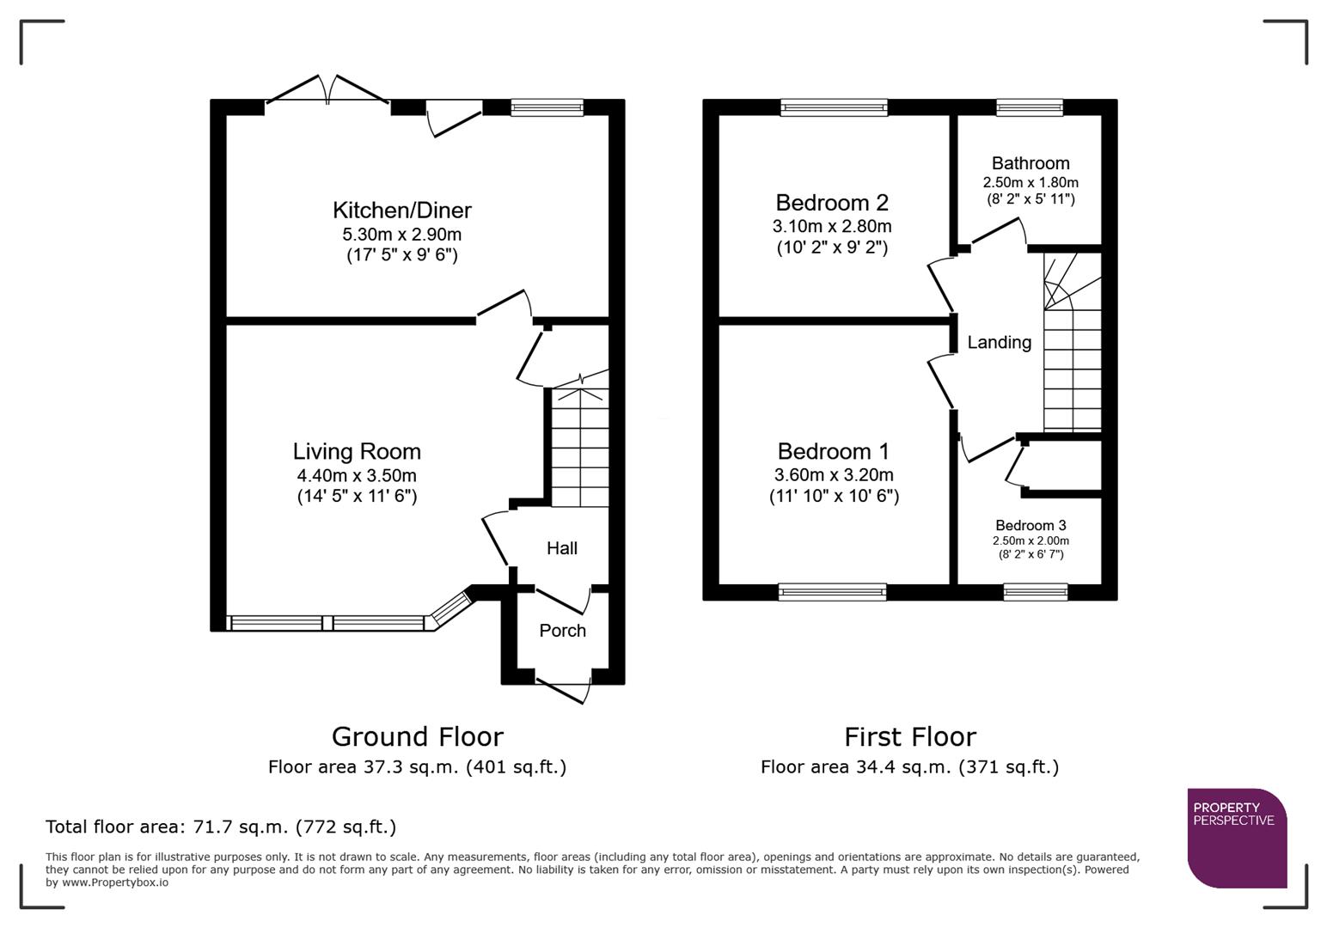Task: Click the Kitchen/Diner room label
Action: [x=401, y=211]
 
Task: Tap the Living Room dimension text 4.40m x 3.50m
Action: [x=357, y=476]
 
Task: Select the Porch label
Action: [x=562, y=631]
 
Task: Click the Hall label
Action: [x=562, y=548]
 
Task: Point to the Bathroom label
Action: [x=1030, y=163]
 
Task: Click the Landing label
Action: [x=999, y=343]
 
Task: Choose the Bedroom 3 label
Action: [x=1030, y=526]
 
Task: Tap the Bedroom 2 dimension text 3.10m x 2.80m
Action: [x=831, y=227]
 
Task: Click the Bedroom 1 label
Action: [x=833, y=452]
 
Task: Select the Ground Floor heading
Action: [x=417, y=737]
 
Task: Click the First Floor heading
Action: [x=909, y=737]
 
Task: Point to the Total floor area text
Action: [x=221, y=827]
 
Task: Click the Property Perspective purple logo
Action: [x=1236, y=838]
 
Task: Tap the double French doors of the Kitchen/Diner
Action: [x=327, y=90]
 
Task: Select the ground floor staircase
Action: [x=579, y=447]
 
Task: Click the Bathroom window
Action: [x=1029, y=107]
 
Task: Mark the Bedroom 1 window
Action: [x=831, y=591]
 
